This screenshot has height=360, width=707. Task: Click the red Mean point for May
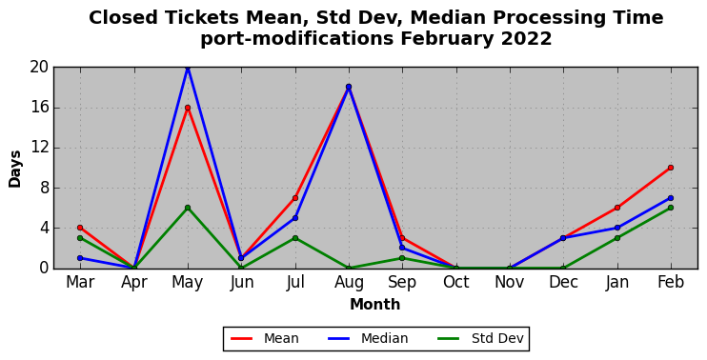[188, 108]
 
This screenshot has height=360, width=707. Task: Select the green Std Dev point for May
[188, 208]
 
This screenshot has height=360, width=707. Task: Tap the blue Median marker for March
[80, 258]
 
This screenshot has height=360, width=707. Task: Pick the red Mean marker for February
[671, 168]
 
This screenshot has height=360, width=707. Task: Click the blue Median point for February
[671, 198]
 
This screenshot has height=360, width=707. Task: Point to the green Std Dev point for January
[617, 238]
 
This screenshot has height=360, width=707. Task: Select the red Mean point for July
[295, 198]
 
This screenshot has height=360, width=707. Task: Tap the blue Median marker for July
[295, 218]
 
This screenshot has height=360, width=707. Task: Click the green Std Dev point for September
[402, 258]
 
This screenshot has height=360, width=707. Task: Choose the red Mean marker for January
[617, 208]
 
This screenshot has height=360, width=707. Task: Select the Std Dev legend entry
[481, 338]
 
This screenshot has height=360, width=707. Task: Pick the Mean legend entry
[265, 338]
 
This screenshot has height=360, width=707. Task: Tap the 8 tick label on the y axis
[44, 188]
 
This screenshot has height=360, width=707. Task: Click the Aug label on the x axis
[349, 283]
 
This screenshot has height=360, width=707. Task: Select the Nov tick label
[510, 283]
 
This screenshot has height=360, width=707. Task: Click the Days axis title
[15, 169]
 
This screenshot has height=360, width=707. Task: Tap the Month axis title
[375, 304]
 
